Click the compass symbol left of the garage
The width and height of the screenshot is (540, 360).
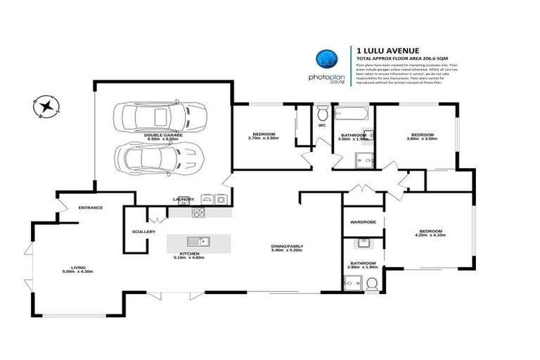pyautogui.click(x=47, y=107)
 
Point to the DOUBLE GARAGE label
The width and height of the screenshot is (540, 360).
pyautogui.click(x=163, y=134)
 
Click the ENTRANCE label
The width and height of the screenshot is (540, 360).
pyautogui.click(x=91, y=207)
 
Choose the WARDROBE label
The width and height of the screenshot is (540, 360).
pyautogui.click(x=364, y=222)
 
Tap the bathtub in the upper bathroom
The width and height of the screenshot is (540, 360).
pyautogui.click(x=352, y=112)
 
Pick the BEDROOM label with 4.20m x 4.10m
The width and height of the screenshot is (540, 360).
pyautogui.click(x=430, y=231)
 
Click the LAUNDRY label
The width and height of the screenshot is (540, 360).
pyautogui.click(x=183, y=199)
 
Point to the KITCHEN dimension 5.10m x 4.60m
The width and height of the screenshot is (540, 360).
pyautogui.click(x=189, y=257)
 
